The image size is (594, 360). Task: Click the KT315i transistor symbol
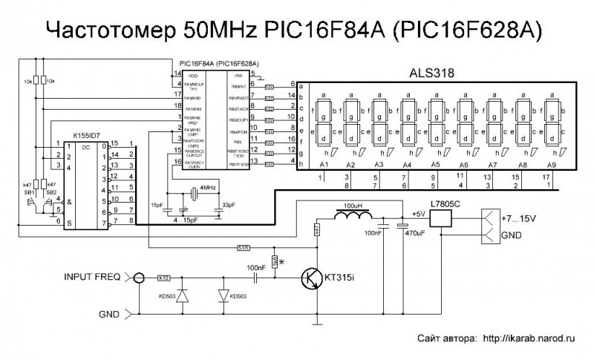pyautogui.click(x=313, y=280)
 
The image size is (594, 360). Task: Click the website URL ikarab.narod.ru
pyautogui.click(x=529, y=336)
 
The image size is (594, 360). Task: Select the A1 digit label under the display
pyautogui.click(x=323, y=164)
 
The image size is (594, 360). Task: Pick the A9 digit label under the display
pyautogui.click(x=550, y=164)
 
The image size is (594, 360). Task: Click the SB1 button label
pyautogui.click(x=29, y=192)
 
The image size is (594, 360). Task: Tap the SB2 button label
pyautogui.click(x=50, y=192)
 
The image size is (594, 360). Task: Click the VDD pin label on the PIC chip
pyautogui.click(x=192, y=76)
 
